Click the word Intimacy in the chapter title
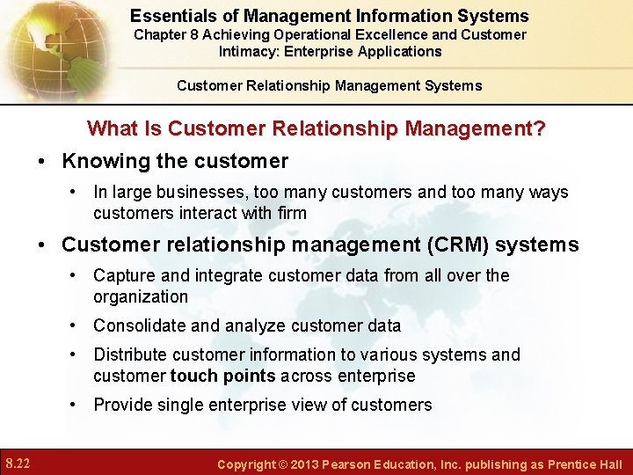click(x=248, y=51)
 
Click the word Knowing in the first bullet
click(x=101, y=161)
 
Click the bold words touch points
click(x=222, y=376)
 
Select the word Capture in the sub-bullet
click(x=123, y=275)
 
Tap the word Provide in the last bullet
click(x=124, y=405)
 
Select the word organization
click(x=141, y=296)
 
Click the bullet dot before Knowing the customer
click(x=42, y=162)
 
